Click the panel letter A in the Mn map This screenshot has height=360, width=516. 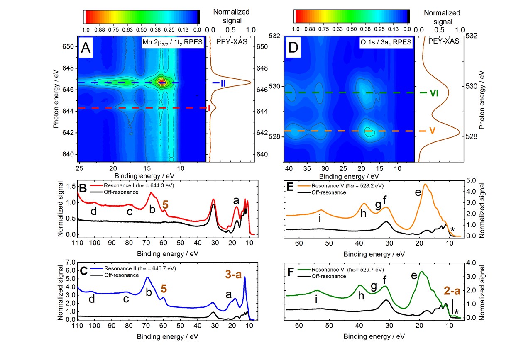click(86, 48)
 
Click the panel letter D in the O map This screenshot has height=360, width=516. click(293, 48)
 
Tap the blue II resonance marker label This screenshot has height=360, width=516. click(220, 83)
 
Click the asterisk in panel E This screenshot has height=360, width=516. click(453, 230)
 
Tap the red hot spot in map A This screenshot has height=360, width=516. click(162, 83)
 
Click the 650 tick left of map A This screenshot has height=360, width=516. click(70, 46)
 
